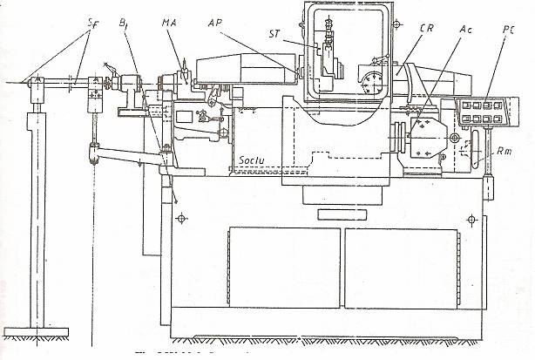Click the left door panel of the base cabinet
tap(283, 266)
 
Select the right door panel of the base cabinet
tap(401, 266)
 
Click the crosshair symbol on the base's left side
tap(180, 217)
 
